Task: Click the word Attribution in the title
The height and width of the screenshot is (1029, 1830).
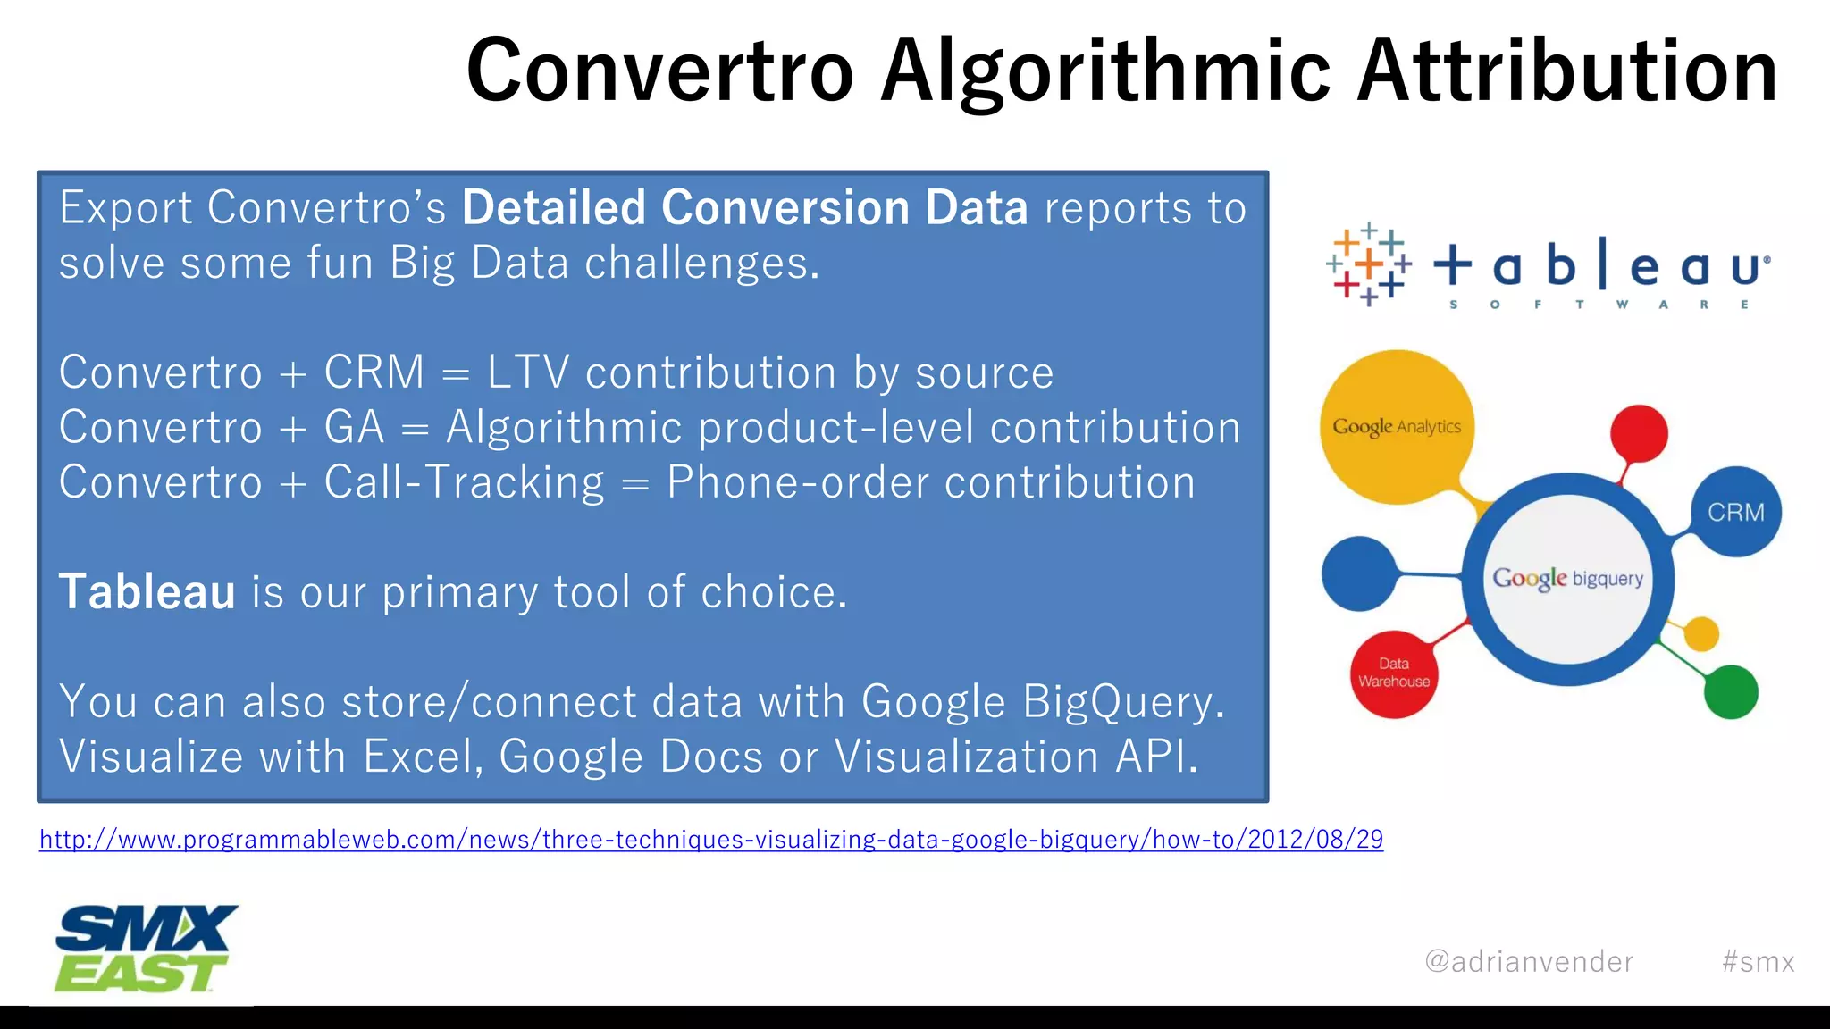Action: pos(1567,71)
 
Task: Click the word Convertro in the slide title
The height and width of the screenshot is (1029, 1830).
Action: pos(659,71)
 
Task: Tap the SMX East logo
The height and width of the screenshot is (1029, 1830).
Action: pos(146,949)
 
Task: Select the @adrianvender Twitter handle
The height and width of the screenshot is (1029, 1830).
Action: pos(1529,961)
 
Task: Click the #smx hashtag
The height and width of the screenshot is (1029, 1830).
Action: pos(1758,961)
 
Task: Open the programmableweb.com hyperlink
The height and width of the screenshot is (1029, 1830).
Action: pos(711,840)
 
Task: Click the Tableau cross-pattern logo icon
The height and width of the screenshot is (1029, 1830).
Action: pos(1368,265)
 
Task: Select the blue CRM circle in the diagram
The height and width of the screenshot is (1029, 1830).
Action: pos(1735,512)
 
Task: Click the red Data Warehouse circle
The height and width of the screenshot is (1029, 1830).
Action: pos(1393,673)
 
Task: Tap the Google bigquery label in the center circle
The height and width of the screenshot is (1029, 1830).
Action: pos(1567,579)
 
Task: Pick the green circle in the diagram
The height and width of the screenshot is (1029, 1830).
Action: pos(1730,691)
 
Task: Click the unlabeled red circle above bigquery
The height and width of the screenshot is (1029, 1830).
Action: pos(1639,434)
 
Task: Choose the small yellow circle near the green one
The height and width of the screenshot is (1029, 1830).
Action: pos(1700,634)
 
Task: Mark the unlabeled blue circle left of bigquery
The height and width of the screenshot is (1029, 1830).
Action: pos(1359,573)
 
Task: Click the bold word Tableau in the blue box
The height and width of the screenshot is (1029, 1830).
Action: pos(147,592)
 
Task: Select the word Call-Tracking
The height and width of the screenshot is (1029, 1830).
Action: pos(464,483)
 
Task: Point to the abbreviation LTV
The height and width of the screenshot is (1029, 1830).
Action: pos(527,372)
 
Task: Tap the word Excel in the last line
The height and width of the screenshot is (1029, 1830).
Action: pos(422,757)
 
